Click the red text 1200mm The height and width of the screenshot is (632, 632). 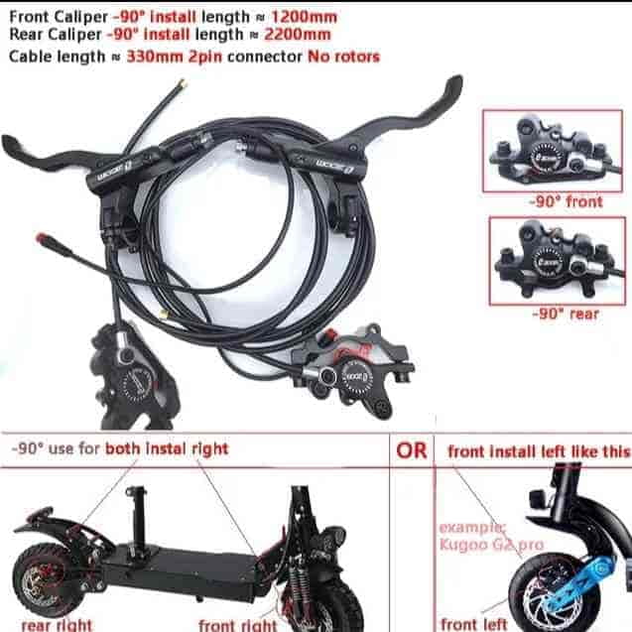click(x=305, y=17)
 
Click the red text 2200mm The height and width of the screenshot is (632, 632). click(x=298, y=35)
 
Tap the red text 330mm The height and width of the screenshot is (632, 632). click(x=155, y=57)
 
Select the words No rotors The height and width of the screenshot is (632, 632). click(x=344, y=57)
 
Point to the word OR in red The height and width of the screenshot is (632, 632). click(x=411, y=450)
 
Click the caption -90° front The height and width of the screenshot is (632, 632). click(x=567, y=201)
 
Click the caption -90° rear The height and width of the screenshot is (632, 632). click(x=566, y=314)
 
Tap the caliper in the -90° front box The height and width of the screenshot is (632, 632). click(x=553, y=151)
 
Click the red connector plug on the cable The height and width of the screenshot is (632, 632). click(x=43, y=238)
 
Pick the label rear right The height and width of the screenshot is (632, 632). click(x=58, y=625)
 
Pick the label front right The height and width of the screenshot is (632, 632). click(x=238, y=625)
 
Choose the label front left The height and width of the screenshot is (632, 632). click(x=474, y=624)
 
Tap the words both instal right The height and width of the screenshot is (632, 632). click(x=167, y=449)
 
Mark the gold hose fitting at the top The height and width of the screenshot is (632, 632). click(x=182, y=84)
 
